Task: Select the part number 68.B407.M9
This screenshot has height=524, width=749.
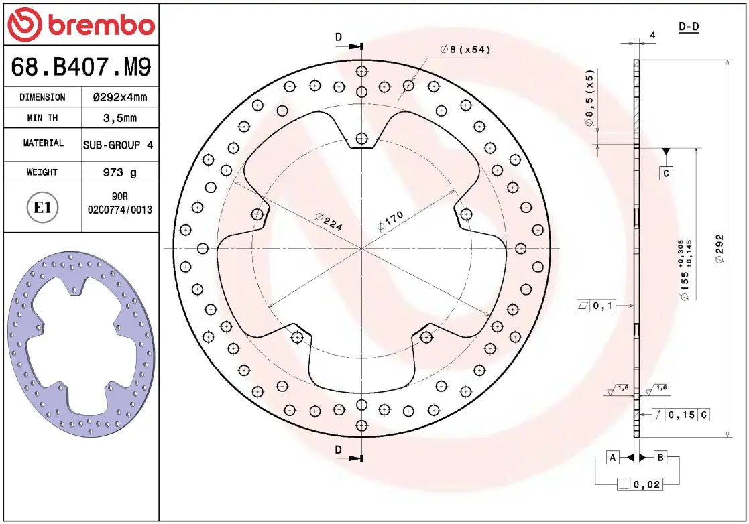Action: (x=81, y=67)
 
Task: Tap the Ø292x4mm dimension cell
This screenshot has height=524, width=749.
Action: (x=120, y=97)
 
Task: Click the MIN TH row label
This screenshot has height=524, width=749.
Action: (x=42, y=118)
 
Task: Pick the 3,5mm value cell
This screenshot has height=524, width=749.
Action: (x=120, y=118)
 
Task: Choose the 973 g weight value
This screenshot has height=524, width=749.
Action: (x=120, y=172)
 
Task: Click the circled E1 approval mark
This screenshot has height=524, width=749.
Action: (x=42, y=208)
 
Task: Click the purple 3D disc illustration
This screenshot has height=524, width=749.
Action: (x=81, y=344)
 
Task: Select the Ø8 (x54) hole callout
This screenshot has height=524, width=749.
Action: (x=465, y=50)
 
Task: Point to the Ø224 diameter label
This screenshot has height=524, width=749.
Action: (x=329, y=222)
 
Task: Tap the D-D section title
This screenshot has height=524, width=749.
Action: (x=689, y=27)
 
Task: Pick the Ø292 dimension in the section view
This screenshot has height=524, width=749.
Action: (x=719, y=248)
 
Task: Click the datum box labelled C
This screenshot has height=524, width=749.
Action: (x=666, y=173)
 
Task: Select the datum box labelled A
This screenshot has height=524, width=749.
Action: (x=612, y=458)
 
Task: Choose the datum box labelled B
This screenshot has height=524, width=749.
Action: (x=660, y=458)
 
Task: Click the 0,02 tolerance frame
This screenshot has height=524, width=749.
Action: (x=640, y=484)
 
